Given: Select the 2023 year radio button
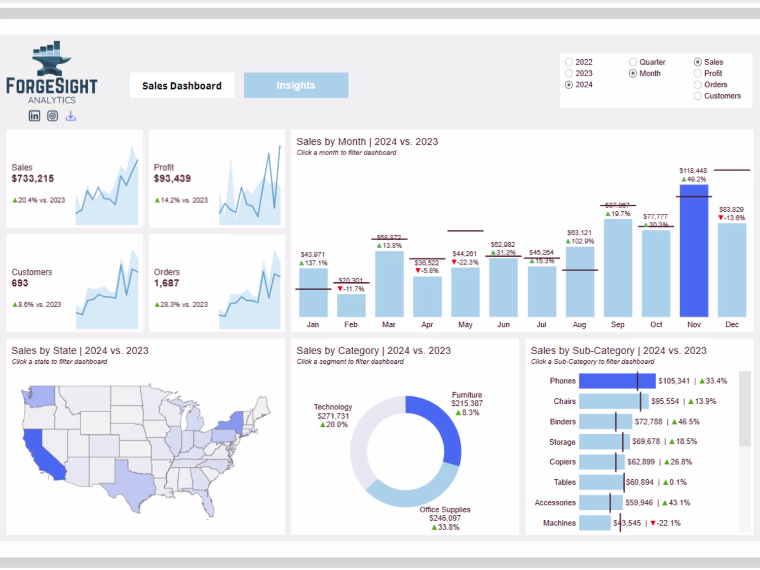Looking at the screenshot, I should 569,73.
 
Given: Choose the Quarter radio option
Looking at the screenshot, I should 633,62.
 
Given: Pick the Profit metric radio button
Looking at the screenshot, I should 698,73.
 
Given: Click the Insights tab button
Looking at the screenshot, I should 296,85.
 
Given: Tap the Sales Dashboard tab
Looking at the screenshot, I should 182,86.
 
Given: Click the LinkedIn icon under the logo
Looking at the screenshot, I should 34,116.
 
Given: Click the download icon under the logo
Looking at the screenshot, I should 71,116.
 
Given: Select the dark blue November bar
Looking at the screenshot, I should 694,251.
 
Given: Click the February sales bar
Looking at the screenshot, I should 351,306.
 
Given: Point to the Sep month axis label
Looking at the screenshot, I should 618,325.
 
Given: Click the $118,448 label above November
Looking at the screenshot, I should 693,171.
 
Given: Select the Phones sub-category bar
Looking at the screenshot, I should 608,381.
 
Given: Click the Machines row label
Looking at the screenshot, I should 559,523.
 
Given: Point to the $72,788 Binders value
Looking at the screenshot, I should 649,422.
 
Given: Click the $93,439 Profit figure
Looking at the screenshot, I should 172,179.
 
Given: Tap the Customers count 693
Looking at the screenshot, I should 20,283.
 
